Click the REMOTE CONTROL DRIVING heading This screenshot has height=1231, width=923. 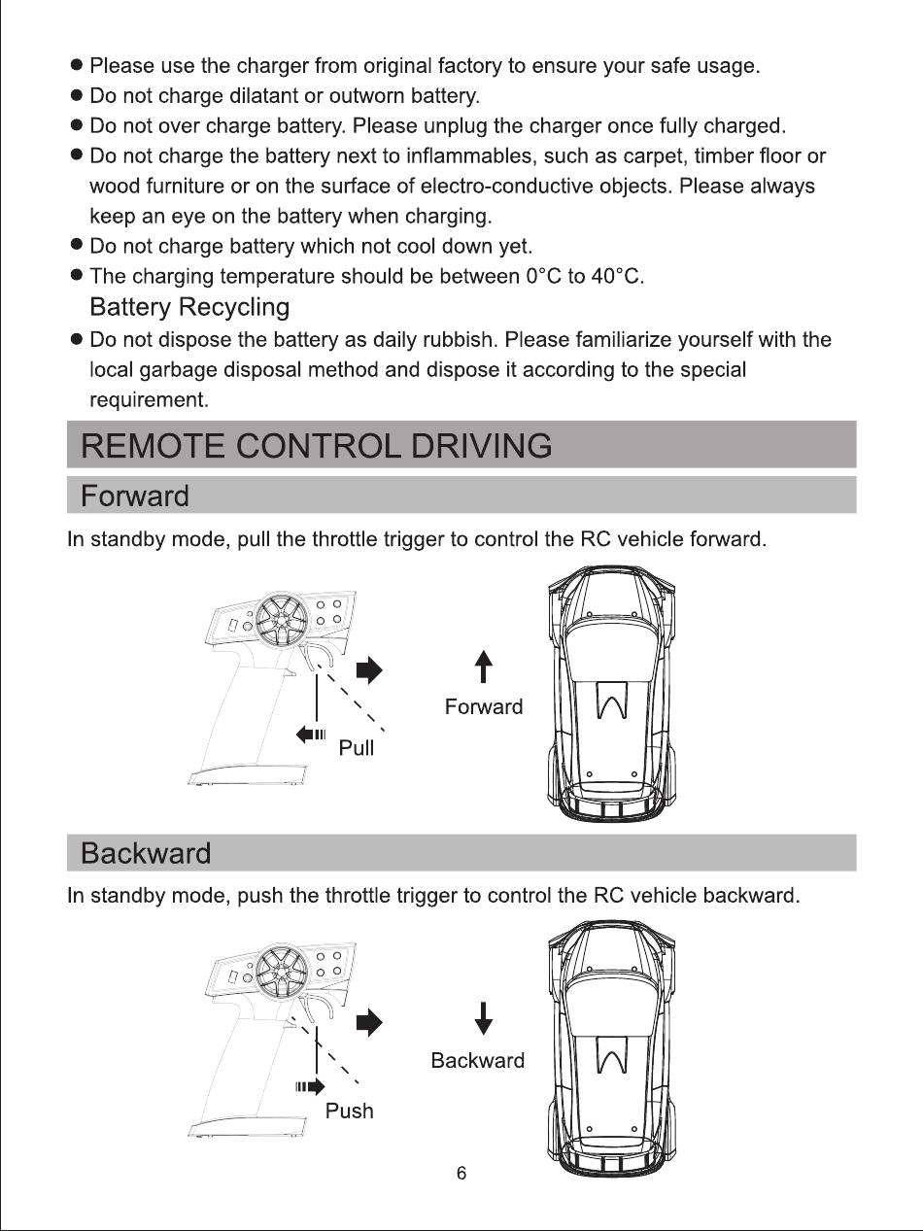point(317,445)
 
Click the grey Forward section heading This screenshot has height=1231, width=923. point(135,496)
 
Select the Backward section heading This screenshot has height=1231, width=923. point(146,853)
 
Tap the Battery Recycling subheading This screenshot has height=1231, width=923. point(189,307)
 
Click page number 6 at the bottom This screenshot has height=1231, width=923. point(461,1173)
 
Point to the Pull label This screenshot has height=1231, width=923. point(356,747)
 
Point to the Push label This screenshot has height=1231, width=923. point(350,1111)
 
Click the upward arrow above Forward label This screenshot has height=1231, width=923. point(484,667)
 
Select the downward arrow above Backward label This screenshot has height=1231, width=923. point(484,1018)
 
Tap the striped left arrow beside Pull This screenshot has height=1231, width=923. point(310,735)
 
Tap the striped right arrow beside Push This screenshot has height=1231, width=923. point(310,1086)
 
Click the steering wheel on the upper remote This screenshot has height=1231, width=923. point(282,620)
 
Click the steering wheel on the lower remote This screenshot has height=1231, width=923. point(282,972)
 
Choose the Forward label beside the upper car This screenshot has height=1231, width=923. point(484,706)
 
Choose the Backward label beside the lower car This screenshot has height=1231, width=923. point(478,1060)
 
